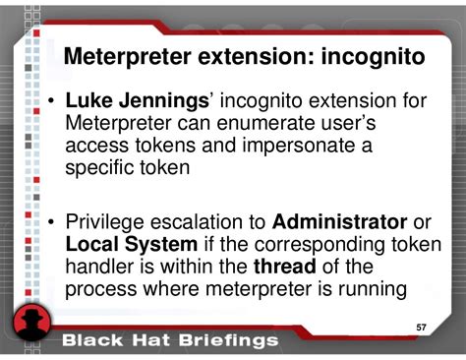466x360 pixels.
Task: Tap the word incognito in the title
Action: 373,57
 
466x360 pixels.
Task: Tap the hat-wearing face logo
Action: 32,326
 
